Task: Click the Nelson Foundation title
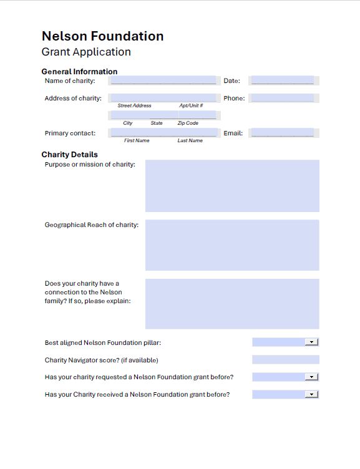pos(102,36)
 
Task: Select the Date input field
pos(283,80)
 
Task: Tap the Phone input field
pos(283,98)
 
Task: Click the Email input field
pos(283,133)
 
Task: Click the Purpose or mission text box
pos(232,186)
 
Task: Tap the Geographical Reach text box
pos(232,245)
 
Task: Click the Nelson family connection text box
pos(232,304)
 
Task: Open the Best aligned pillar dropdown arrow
pos(311,342)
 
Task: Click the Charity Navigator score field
pos(285,360)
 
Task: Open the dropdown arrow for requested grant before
pos(311,377)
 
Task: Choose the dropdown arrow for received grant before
pos(311,395)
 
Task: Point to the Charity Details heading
pos(69,155)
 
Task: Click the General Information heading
pos(79,72)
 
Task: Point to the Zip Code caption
pos(188,123)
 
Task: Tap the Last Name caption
pos(190,141)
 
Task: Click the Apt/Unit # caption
pos(191,106)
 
